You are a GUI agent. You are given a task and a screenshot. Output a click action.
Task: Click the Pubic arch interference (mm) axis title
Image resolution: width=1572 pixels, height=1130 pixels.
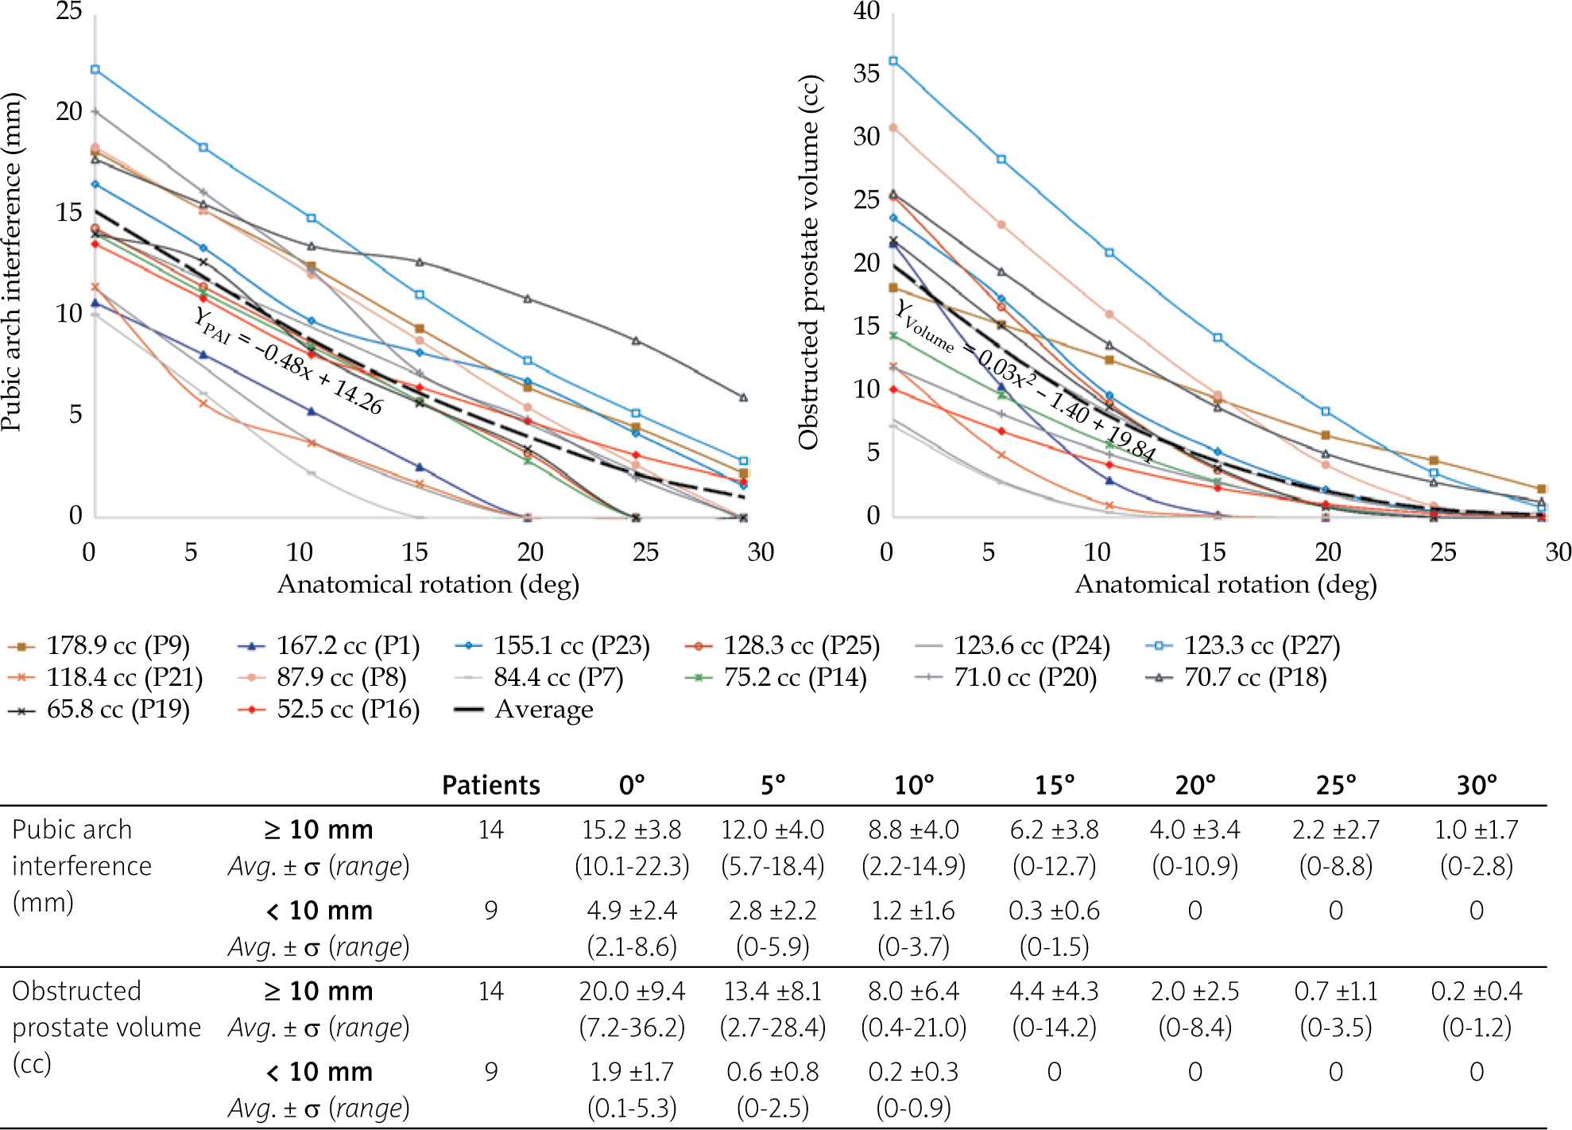pos(13,262)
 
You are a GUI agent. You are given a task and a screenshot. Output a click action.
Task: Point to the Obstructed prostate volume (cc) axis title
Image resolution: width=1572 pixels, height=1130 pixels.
pos(809,262)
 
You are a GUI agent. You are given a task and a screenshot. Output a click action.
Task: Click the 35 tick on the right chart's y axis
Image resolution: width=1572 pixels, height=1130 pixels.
pos(866,74)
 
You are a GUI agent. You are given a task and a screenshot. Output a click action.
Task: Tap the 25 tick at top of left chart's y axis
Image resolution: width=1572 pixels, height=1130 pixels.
pos(68,11)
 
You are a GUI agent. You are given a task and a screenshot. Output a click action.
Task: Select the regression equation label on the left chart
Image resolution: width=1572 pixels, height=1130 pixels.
pos(288,361)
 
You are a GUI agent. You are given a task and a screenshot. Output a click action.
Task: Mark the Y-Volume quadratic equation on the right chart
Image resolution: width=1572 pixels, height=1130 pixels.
pos(1025,380)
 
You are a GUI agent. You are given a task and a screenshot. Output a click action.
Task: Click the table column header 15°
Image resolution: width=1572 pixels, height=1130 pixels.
pos(1054,786)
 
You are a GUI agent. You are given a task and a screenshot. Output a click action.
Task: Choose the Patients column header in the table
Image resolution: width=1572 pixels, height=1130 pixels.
pos(491,786)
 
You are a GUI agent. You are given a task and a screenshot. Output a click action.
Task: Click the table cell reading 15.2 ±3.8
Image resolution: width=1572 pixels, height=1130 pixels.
pos(632,830)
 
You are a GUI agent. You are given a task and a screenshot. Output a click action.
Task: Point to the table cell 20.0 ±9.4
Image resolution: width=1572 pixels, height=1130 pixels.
pos(632,992)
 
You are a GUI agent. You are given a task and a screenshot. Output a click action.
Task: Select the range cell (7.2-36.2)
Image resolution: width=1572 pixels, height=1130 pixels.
pos(632,1027)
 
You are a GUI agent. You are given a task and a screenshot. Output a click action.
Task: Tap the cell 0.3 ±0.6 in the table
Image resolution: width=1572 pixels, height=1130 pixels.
pos(1054,911)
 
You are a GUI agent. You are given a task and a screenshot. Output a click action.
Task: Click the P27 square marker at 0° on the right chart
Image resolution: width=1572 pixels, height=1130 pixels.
pos(893,61)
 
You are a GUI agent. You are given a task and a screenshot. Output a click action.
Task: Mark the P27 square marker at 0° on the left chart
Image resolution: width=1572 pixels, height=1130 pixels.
pos(95,70)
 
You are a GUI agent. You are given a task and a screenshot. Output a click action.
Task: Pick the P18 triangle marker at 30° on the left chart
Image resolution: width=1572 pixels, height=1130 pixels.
pos(744,397)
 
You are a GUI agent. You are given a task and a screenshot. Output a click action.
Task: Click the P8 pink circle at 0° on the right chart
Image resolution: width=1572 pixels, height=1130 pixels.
pos(893,128)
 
